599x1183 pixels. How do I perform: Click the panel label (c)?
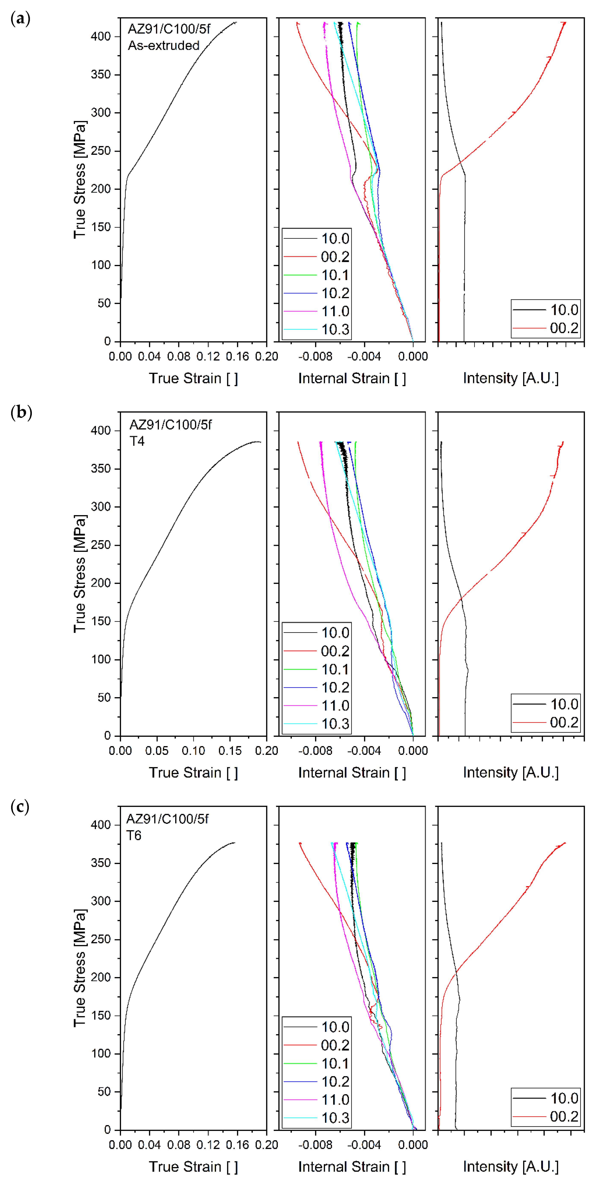click(x=20, y=807)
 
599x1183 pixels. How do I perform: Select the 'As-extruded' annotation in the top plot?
click(x=163, y=46)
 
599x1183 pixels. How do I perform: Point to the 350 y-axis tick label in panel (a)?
click(x=101, y=74)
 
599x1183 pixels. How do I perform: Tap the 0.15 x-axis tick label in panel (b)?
click(x=230, y=750)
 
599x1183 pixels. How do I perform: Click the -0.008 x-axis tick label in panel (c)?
click(x=315, y=1145)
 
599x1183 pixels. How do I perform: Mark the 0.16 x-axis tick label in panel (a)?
click(x=237, y=356)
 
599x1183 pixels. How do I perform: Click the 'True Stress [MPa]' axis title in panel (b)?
click(x=79, y=574)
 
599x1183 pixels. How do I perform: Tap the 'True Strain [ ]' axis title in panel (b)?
click(x=193, y=772)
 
